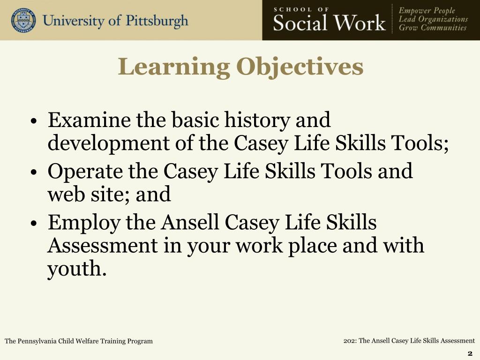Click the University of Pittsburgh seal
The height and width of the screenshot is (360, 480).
(x=23, y=20)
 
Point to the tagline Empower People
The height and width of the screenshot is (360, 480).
(x=427, y=11)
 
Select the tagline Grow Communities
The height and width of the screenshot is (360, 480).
(x=433, y=28)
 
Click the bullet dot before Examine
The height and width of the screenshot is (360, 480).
(x=34, y=122)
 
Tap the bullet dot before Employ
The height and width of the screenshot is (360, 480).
(x=34, y=224)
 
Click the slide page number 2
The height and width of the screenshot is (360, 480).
(x=470, y=353)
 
